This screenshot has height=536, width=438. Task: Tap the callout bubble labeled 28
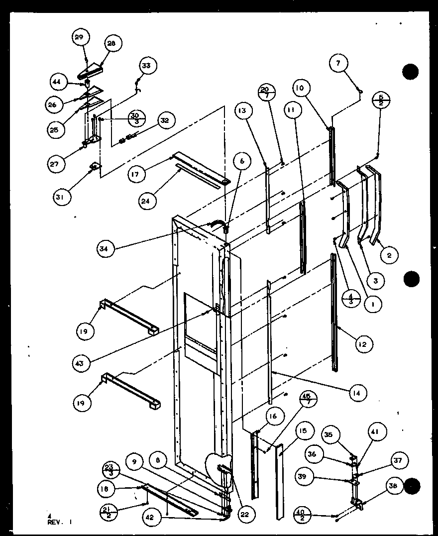(x=111, y=44)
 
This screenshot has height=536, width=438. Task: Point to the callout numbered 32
(x=165, y=120)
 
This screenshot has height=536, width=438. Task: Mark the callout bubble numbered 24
(x=148, y=201)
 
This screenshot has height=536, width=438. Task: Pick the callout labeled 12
(x=365, y=343)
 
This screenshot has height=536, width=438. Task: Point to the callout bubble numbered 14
(x=358, y=393)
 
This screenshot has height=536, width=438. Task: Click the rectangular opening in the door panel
(x=200, y=328)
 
